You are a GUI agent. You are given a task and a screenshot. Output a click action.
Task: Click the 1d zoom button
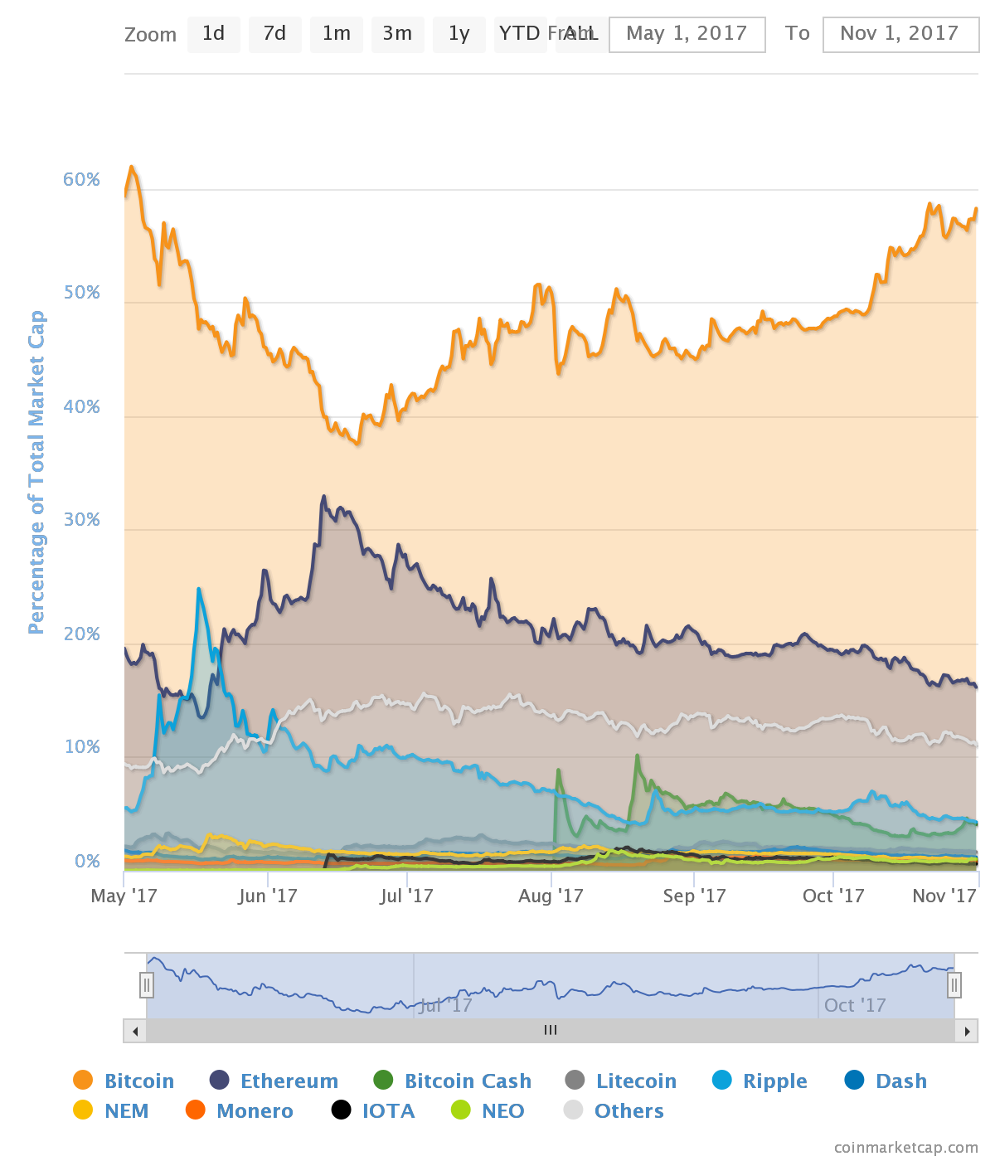213,34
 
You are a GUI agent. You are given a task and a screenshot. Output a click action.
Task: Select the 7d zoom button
274,34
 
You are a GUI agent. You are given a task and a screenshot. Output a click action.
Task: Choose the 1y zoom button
459,34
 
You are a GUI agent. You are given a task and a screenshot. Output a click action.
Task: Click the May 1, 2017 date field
687,34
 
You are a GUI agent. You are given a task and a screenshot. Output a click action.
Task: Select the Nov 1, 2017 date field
900,34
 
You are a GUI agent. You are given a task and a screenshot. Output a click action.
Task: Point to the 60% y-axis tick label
81,180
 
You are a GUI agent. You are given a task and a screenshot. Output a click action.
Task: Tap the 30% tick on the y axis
81,520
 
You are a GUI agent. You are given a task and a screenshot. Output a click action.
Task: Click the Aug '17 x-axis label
551,896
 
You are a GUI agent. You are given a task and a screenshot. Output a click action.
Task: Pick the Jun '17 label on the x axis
268,896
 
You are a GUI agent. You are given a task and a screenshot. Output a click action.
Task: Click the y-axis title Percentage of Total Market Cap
36,473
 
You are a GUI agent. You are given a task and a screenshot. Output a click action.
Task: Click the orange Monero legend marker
195,1110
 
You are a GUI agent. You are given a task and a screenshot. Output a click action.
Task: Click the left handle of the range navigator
147,985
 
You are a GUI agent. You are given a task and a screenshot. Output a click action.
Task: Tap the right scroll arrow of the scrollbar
966,1031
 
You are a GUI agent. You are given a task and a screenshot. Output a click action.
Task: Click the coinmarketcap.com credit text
905,1148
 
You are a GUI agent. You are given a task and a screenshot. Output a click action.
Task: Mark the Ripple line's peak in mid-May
199,589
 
